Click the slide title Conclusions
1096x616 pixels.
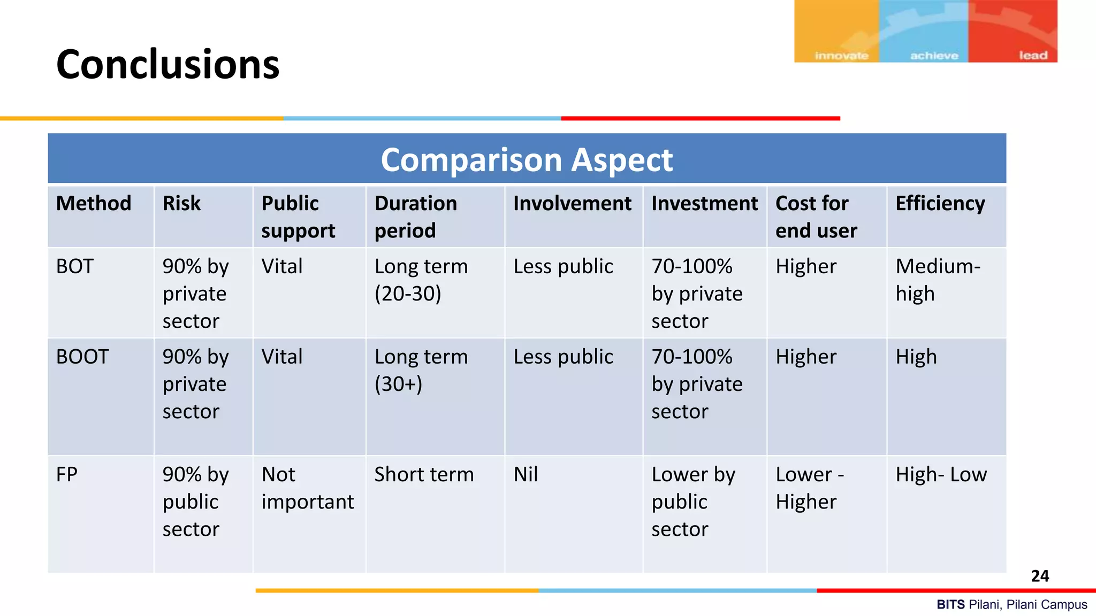coord(168,64)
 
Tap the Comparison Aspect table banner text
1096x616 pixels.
coord(527,159)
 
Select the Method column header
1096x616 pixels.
coord(94,204)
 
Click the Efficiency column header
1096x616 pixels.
coord(940,204)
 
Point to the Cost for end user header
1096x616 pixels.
coord(816,217)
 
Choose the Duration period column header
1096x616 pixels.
coord(416,217)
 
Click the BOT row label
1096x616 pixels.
coord(75,266)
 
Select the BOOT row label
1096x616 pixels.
coord(82,357)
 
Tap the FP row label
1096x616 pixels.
coord(67,474)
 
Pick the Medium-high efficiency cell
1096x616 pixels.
coord(938,280)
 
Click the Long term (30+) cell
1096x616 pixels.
coord(421,370)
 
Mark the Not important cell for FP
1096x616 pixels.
coord(307,488)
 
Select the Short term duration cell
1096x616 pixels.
coord(424,474)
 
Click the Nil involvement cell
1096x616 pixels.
coord(526,474)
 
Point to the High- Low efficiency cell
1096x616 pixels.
coord(941,474)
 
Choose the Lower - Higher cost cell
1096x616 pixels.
coord(810,488)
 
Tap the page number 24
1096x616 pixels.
coord(1040,576)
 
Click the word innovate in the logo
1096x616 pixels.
coord(841,56)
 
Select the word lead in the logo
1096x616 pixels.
coord(1033,56)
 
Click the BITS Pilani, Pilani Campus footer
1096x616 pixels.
coord(1011,605)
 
